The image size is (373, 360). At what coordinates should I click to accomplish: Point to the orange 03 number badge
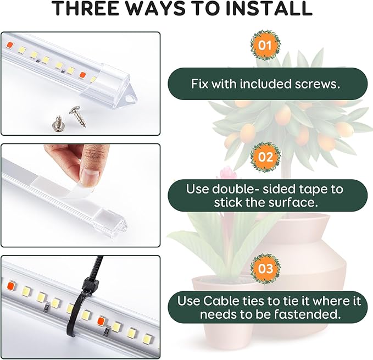(265, 269)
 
